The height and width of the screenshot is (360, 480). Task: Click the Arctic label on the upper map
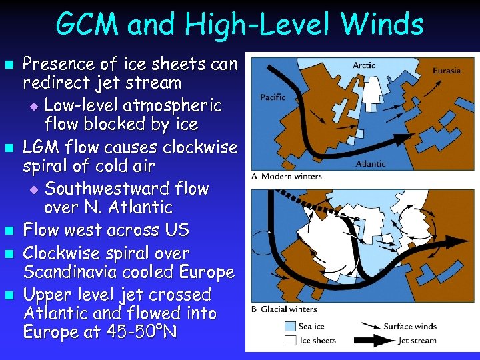coord(364,65)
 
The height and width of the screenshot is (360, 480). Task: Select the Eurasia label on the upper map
coord(446,71)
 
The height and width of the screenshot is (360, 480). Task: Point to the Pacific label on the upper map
coord(273,97)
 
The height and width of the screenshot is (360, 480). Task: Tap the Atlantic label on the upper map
coord(370,163)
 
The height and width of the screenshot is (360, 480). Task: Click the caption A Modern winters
coord(287,177)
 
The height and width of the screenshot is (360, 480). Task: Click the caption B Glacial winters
coord(285,309)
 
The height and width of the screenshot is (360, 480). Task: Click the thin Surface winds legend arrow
coord(368,327)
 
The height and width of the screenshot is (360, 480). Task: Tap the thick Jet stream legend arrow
coord(368,340)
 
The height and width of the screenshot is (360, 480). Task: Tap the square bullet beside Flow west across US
coord(9,231)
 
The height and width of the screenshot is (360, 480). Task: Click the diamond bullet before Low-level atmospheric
coord(35,106)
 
